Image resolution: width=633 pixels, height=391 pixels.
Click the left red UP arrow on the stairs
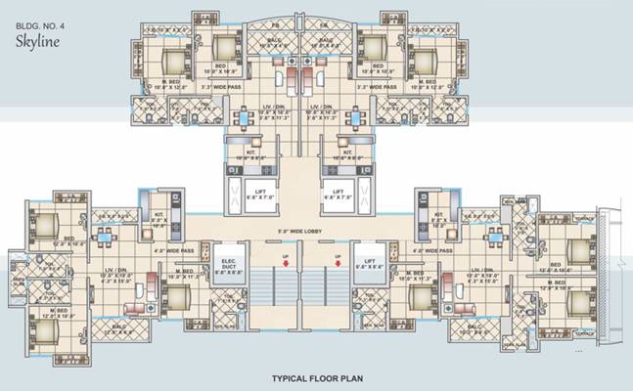pos(284,261)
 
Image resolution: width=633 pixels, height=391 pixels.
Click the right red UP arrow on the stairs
pos(335,261)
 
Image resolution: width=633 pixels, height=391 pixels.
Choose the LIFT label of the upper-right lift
pos(339,190)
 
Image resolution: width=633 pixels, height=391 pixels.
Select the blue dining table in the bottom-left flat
pos(103,235)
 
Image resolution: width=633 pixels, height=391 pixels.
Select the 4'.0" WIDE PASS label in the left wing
pos(169,251)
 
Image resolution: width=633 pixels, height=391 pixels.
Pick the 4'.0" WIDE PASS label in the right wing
pos(430,251)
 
